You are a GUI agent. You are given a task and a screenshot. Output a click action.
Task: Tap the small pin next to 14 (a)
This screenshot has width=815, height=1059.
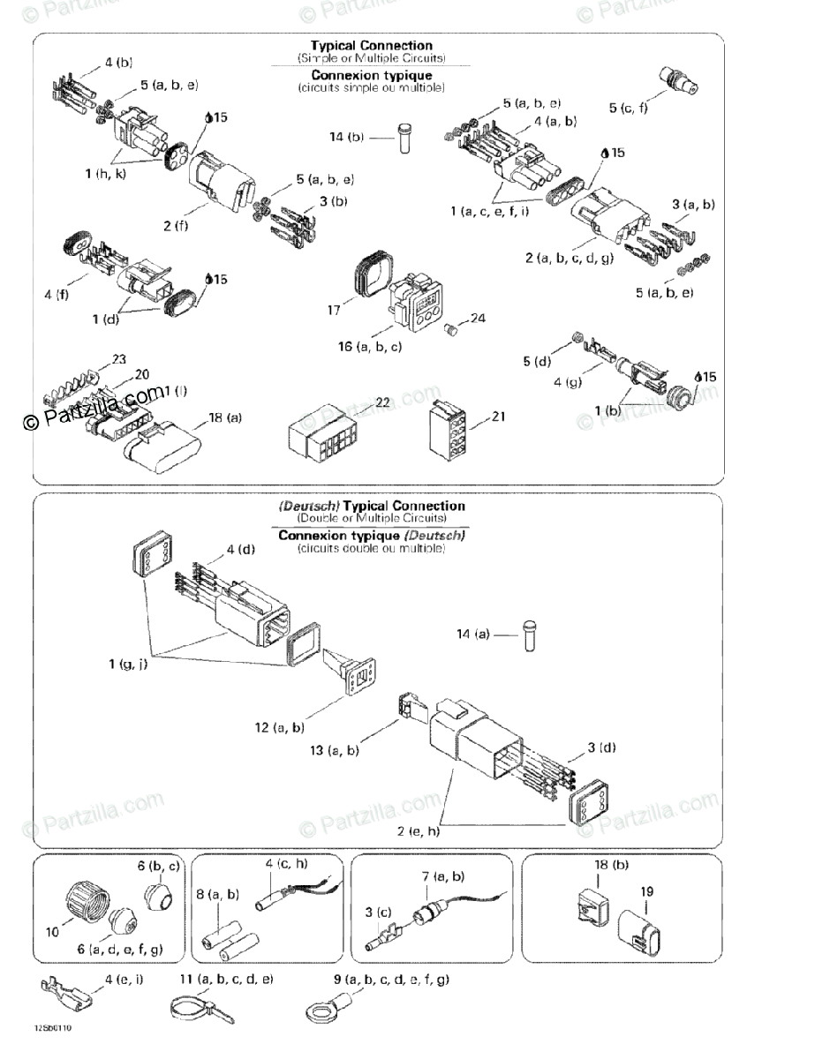tap(532, 635)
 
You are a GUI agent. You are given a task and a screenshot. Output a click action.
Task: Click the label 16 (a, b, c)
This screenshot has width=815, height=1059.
tap(370, 347)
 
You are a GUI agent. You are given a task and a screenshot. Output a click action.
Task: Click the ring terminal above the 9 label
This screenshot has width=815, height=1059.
tap(326, 1009)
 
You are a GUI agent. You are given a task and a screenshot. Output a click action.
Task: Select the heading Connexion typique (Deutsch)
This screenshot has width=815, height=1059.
tap(372, 535)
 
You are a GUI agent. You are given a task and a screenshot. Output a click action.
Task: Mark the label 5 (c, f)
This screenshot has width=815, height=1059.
tap(629, 108)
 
